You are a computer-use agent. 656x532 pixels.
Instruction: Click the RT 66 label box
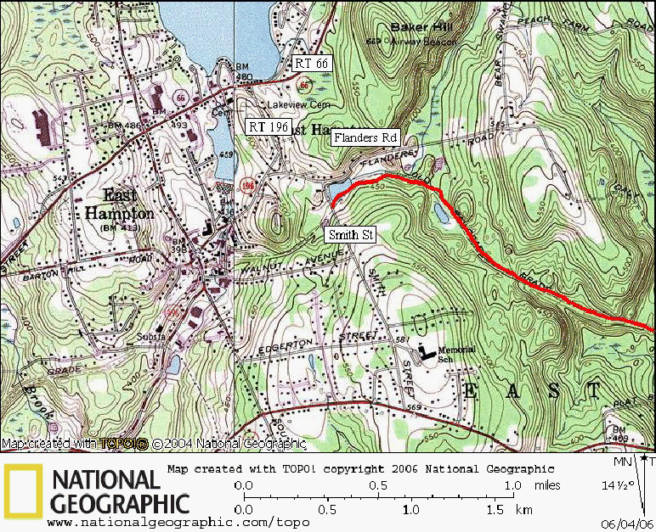(x=310, y=63)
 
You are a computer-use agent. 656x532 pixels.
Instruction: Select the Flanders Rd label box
(x=365, y=137)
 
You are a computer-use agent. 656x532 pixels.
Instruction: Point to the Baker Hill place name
(x=421, y=27)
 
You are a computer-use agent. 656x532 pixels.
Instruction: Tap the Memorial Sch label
(x=455, y=355)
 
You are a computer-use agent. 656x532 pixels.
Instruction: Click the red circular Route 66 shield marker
(x=303, y=85)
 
